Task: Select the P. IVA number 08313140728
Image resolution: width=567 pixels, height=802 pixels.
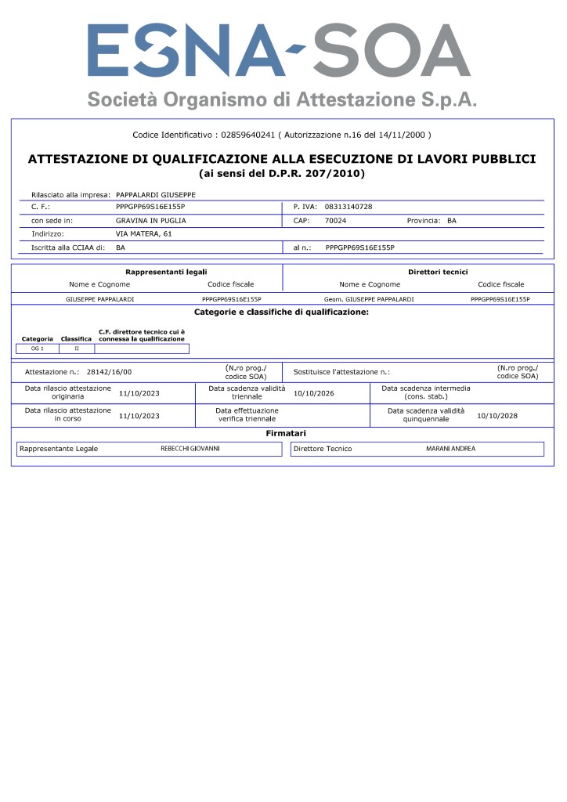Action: [349, 207]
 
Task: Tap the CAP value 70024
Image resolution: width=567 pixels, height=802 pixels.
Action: [335, 220]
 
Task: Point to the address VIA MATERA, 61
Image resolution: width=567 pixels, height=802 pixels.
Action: [143, 233]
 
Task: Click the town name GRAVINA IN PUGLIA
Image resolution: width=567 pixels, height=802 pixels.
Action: [150, 220]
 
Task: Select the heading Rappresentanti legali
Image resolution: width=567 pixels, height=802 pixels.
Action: [166, 272]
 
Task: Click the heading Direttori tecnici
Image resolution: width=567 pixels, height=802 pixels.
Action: [438, 272]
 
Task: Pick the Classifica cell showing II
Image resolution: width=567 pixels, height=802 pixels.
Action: [77, 348]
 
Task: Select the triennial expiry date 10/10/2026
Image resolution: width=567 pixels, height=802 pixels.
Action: [314, 392]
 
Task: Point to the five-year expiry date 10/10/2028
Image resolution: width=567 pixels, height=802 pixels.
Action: [497, 415]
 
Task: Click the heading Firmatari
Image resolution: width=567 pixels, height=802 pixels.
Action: [285, 433]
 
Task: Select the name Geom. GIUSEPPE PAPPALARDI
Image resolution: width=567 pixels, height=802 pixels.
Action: [368, 299]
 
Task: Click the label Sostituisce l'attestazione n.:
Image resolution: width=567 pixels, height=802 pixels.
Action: [341, 372]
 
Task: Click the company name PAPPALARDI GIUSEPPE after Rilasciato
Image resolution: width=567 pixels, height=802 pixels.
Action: [156, 193]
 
